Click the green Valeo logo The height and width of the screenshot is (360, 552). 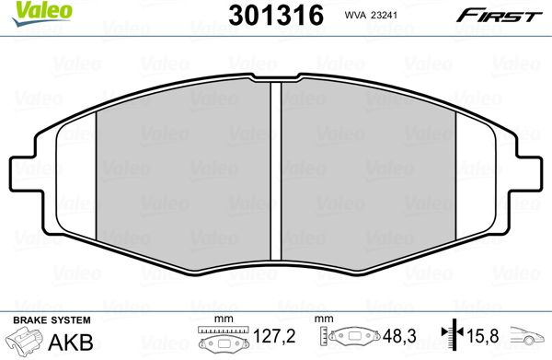[x=42, y=13]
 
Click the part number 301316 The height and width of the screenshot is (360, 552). [x=276, y=16]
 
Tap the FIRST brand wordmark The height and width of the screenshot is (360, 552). [x=499, y=16]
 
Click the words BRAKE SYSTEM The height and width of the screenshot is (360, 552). [x=52, y=320]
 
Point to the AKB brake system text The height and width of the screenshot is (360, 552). [x=71, y=342]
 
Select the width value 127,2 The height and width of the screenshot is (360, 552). [x=274, y=336]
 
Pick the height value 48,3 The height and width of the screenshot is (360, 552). [x=399, y=336]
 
